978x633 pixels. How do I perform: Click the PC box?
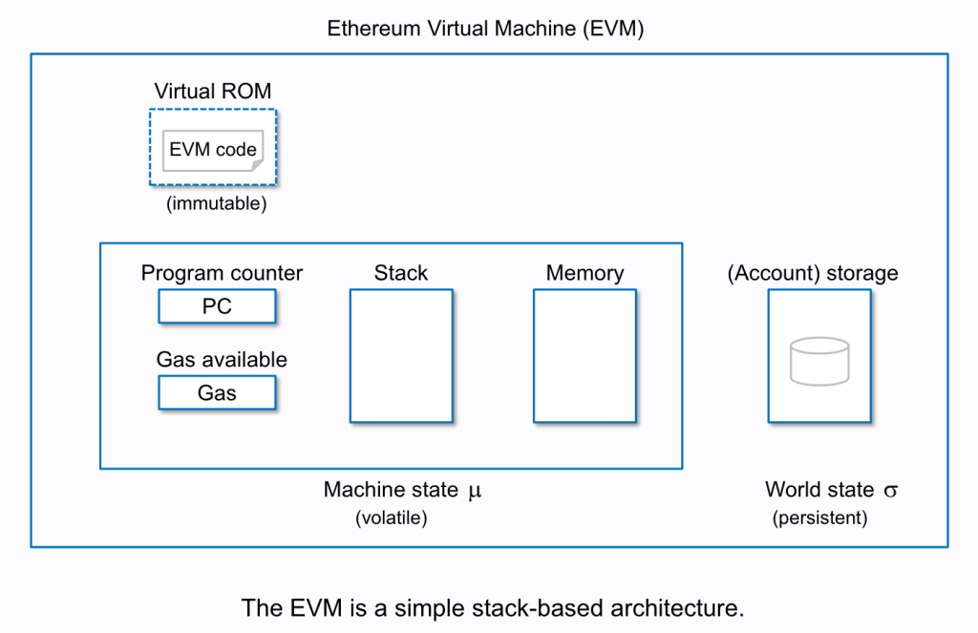pyautogui.click(x=217, y=306)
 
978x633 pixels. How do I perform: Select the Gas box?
pyautogui.click(x=217, y=392)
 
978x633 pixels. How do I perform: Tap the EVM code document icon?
pyautogui.click(x=213, y=150)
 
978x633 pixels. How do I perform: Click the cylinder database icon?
pyautogui.click(x=819, y=361)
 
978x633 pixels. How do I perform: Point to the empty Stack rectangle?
pyautogui.click(x=400, y=355)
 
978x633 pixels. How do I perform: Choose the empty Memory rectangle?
pyautogui.click(x=584, y=355)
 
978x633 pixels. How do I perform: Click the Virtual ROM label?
pyautogui.click(x=213, y=92)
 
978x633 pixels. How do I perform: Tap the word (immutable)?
pyautogui.click(x=217, y=203)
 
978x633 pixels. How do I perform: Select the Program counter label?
pyautogui.click(x=222, y=273)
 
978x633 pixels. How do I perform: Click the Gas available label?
pyautogui.click(x=222, y=360)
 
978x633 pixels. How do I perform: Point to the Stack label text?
pyautogui.click(x=400, y=273)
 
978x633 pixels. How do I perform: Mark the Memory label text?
pyautogui.click(x=584, y=273)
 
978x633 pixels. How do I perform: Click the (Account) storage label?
pyautogui.click(x=813, y=273)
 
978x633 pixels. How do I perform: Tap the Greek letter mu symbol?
pyautogui.click(x=475, y=491)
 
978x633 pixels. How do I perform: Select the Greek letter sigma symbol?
pyautogui.click(x=890, y=491)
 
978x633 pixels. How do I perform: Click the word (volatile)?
pyautogui.click(x=391, y=518)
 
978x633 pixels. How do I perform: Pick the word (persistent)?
pyautogui.click(x=819, y=518)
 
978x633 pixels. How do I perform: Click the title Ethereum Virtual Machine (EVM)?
pyautogui.click(x=486, y=29)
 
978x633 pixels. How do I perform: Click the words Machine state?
pyautogui.click(x=391, y=490)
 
